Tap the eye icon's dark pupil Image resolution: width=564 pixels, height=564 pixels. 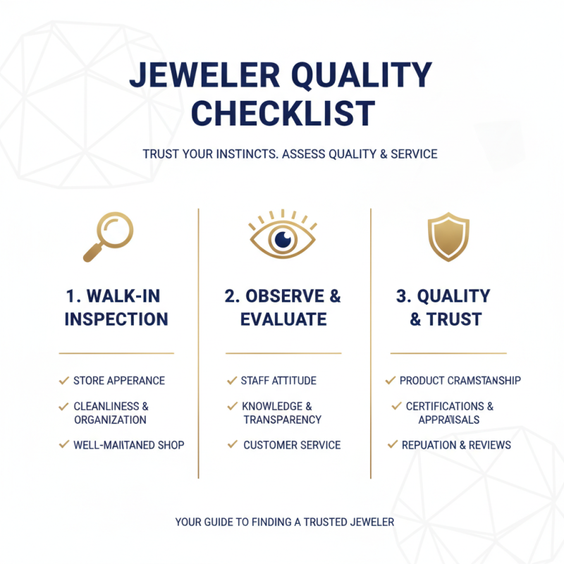coord(282,240)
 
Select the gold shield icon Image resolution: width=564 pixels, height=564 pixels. coord(448,237)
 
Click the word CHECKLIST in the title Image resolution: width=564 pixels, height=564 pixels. coord(283,113)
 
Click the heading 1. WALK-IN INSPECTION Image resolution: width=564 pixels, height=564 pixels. coord(116,307)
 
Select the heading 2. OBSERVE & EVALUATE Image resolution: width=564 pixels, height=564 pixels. coord(283,307)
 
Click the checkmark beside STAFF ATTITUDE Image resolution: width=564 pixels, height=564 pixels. coord(231,381)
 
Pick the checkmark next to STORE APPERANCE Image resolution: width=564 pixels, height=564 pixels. coord(64,381)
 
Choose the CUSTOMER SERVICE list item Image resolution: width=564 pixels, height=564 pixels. coord(292,445)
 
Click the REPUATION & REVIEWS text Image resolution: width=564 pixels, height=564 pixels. coord(456,445)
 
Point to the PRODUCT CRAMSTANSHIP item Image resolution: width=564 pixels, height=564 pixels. coord(460,381)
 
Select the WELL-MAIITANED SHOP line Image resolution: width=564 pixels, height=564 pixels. coord(129,445)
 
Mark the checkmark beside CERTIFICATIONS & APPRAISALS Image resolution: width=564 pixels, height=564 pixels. coord(396,406)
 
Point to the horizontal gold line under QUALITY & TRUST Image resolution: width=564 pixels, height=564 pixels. coord(448,353)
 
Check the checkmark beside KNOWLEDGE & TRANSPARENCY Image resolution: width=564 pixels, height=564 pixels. coord(231,406)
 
